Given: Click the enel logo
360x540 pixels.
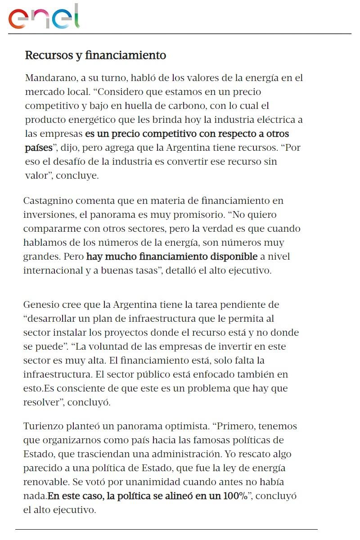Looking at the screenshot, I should pos(44,17).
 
